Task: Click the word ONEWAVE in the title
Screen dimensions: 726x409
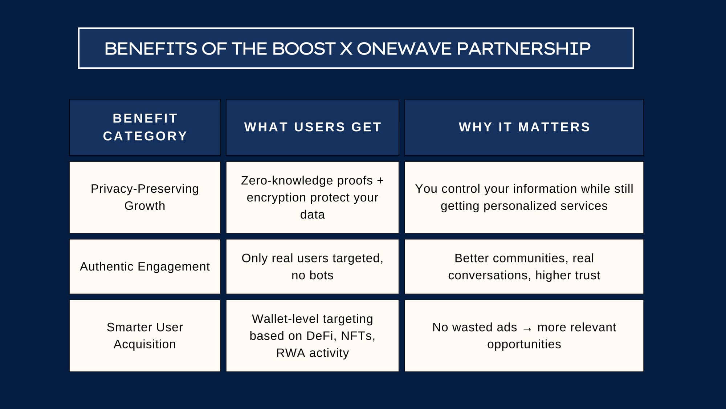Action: pos(404,49)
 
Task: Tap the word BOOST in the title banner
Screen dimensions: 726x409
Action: pos(304,49)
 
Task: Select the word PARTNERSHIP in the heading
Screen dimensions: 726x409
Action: pos(524,49)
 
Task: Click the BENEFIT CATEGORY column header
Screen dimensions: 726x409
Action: pos(145,127)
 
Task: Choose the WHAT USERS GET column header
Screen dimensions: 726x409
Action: pos(313,127)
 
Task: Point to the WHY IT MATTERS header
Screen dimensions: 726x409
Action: pos(524,127)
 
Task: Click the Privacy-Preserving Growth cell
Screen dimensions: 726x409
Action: pos(145,197)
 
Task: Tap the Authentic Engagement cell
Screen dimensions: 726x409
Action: pos(145,266)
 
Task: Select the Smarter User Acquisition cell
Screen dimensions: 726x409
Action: pos(145,336)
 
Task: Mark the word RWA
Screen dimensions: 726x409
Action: pos(290,353)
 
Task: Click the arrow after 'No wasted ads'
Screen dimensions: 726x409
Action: pos(527,329)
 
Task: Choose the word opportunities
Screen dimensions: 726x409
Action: pos(524,345)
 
